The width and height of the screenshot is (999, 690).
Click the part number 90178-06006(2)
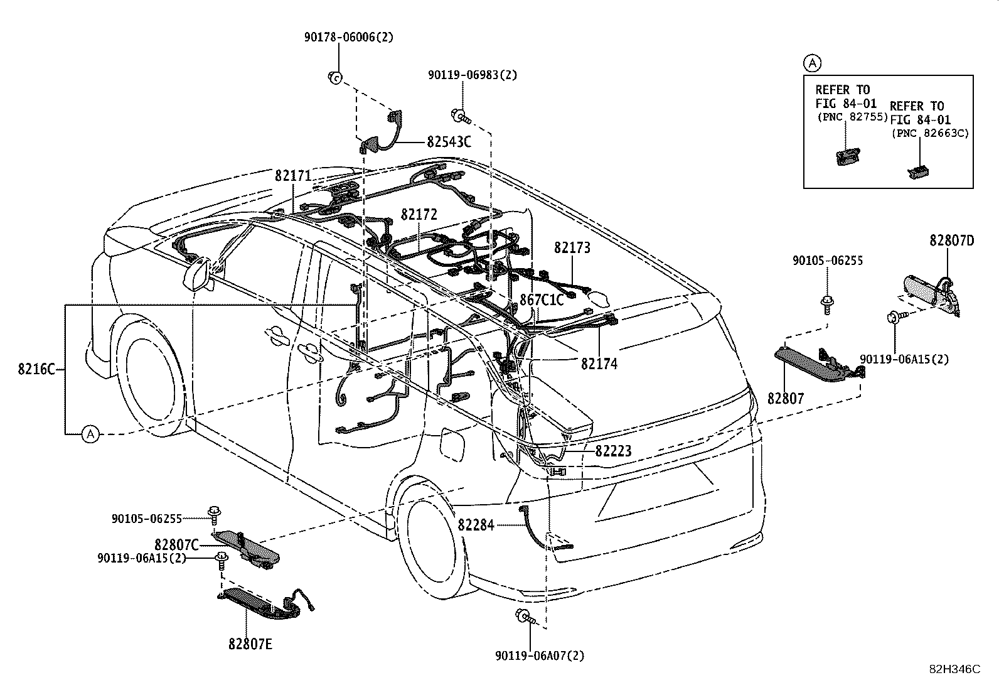pyautogui.click(x=349, y=37)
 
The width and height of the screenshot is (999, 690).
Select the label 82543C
pyautogui.click(x=449, y=142)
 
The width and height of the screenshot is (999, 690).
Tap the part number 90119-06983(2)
pyautogui.click(x=473, y=75)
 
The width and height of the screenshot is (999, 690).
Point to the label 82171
pyautogui.click(x=293, y=176)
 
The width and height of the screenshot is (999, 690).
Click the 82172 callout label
pyautogui.click(x=419, y=215)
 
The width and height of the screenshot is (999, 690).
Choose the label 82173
pyautogui.click(x=572, y=248)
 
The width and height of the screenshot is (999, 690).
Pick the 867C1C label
pyautogui.click(x=542, y=300)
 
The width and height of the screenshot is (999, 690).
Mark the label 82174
pyautogui.click(x=599, y=364)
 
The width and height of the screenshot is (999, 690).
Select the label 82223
pyautogui.click(x=613, y=451)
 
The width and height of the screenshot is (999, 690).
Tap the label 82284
pyautogui.click(x=476, y=526)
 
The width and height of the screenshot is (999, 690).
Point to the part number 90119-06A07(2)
pyautogui.click(x=540, y=655)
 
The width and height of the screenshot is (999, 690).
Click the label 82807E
pyautogui.click(x=250, y=644)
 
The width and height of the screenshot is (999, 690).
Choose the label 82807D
pyautogui.click(x=952, y=240)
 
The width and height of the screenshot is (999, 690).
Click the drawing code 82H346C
pyautogui.click(x=955, y=669)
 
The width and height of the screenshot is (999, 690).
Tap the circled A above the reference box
pyautogui.click(x=812, y=63)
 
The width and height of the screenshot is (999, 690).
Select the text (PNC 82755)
pyautogui.click(x=852, y=117)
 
